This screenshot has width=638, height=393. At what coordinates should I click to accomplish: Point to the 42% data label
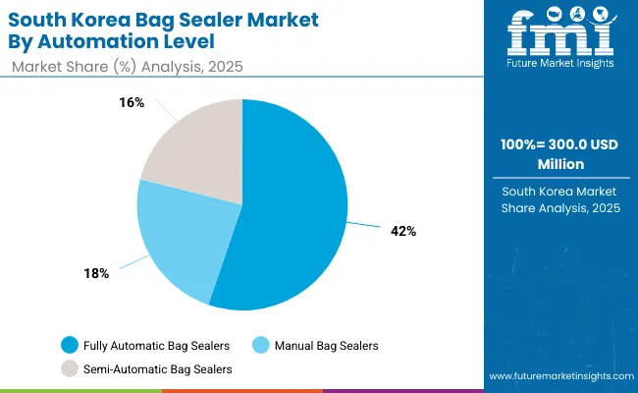click(x=403, y=231)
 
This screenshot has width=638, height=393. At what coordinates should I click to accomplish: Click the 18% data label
click(x=95, y=273)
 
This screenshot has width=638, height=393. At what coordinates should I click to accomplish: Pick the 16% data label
click(x=133, y=102)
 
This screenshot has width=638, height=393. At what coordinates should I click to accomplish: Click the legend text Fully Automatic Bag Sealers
click(x=157, y=345)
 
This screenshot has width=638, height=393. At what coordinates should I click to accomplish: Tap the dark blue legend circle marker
click(x=69, y=345)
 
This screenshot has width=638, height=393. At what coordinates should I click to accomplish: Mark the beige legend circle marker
click(x=69, y=368)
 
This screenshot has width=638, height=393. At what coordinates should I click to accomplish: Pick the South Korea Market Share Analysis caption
click(x=558, y=199)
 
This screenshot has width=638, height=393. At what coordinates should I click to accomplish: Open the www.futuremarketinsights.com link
click(x=558, y=376)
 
